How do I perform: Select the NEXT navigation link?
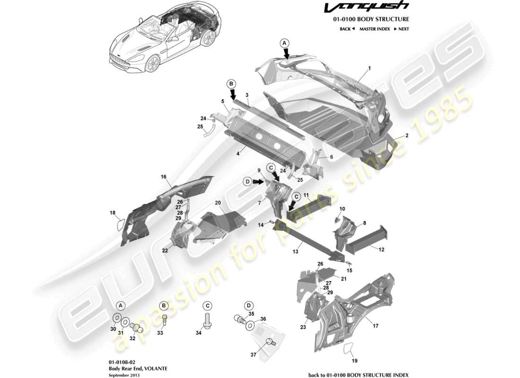click(401, 29)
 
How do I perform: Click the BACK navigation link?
click(347, 29)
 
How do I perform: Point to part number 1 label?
click(369, 68)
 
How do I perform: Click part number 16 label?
click(164, 177)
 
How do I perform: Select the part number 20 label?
click(218, 202)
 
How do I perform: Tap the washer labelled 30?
click(116, 317)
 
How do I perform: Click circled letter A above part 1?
click(285, 43)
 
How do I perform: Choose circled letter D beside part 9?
click(247, 181)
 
